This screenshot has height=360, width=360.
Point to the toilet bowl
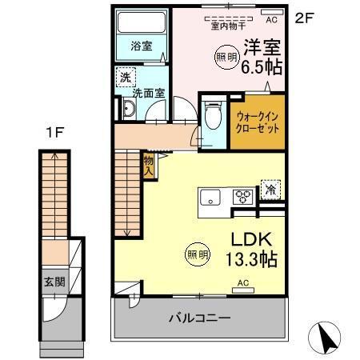pos(212,117)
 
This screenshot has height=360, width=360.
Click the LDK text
pos(251,238)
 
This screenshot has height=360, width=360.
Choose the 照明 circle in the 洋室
pos(226,57)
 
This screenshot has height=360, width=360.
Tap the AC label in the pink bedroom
pos(270,19)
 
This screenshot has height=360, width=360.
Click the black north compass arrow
pos(328,338)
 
